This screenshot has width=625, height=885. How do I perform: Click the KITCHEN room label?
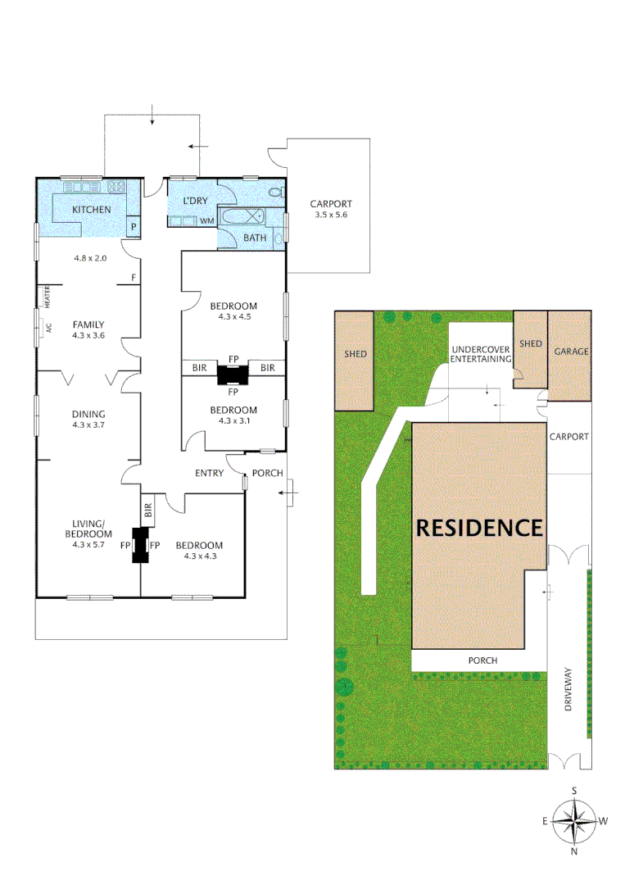[x=91, y=210]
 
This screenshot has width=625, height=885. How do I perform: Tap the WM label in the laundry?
[x=207, y=220]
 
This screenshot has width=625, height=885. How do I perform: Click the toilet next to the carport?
[x=276, y=193]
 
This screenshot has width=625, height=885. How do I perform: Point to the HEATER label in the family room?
[x=48, y=296]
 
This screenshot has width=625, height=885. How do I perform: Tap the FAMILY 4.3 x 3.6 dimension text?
[x=88, y=335]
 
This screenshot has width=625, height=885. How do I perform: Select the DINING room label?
[x=88, y=414]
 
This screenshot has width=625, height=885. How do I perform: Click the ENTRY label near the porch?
[x=210, y=473]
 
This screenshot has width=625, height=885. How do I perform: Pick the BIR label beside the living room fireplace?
[x=148, y=514]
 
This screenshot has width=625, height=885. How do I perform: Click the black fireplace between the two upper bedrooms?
[x=232, y=374]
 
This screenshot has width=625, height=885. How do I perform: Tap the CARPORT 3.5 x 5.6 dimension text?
[x=331, y=216]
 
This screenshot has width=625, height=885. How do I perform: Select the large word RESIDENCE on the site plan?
[x=479, y=528]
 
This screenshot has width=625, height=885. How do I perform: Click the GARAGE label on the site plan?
[x=571, y=351]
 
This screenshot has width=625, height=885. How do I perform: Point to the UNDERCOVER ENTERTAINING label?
[x=481, y=354]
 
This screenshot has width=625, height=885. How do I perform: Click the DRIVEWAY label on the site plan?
[x=568, y=692]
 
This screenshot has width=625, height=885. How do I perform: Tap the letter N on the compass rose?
[x=574, y=851]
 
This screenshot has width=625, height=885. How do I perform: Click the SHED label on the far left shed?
[x=356, y=354]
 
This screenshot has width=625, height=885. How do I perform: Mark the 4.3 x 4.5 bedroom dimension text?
[x=233, y=317]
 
